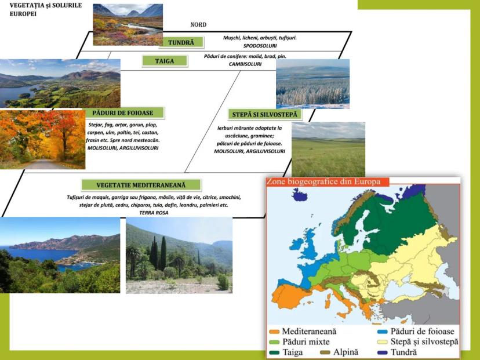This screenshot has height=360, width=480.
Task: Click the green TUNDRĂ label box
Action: [x=181, y=42]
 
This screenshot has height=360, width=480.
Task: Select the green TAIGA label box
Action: [x=165, y=61]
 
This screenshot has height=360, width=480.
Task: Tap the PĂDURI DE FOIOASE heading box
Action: [x=123, y=112]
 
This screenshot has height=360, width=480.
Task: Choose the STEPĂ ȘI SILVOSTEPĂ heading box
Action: [x=265, y=114]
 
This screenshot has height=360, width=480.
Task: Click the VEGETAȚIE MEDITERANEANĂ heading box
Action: [x=141, y=185]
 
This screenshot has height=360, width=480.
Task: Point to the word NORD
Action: [x=198, y=24]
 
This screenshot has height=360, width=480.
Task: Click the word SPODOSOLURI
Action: [x=260, y=46]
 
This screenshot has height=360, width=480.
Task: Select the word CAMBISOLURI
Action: [x=245, y=64]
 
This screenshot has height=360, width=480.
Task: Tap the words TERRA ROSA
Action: [x=154, y=212]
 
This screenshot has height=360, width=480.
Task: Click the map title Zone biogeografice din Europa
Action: [x=323, y=181]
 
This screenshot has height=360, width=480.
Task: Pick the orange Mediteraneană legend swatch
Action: [x=274, y=332]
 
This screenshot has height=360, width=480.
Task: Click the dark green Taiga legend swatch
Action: [x=274, y=352]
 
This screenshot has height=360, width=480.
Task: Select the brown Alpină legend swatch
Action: [x=325, y=352]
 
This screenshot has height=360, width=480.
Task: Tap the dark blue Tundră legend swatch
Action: [x=383, y=352]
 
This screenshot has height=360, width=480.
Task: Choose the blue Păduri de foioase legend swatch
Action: [x=383, y=332]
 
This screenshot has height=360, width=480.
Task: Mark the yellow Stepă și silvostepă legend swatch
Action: [x=383, y=342]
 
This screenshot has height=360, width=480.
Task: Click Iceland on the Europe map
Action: [x=300, y=194]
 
